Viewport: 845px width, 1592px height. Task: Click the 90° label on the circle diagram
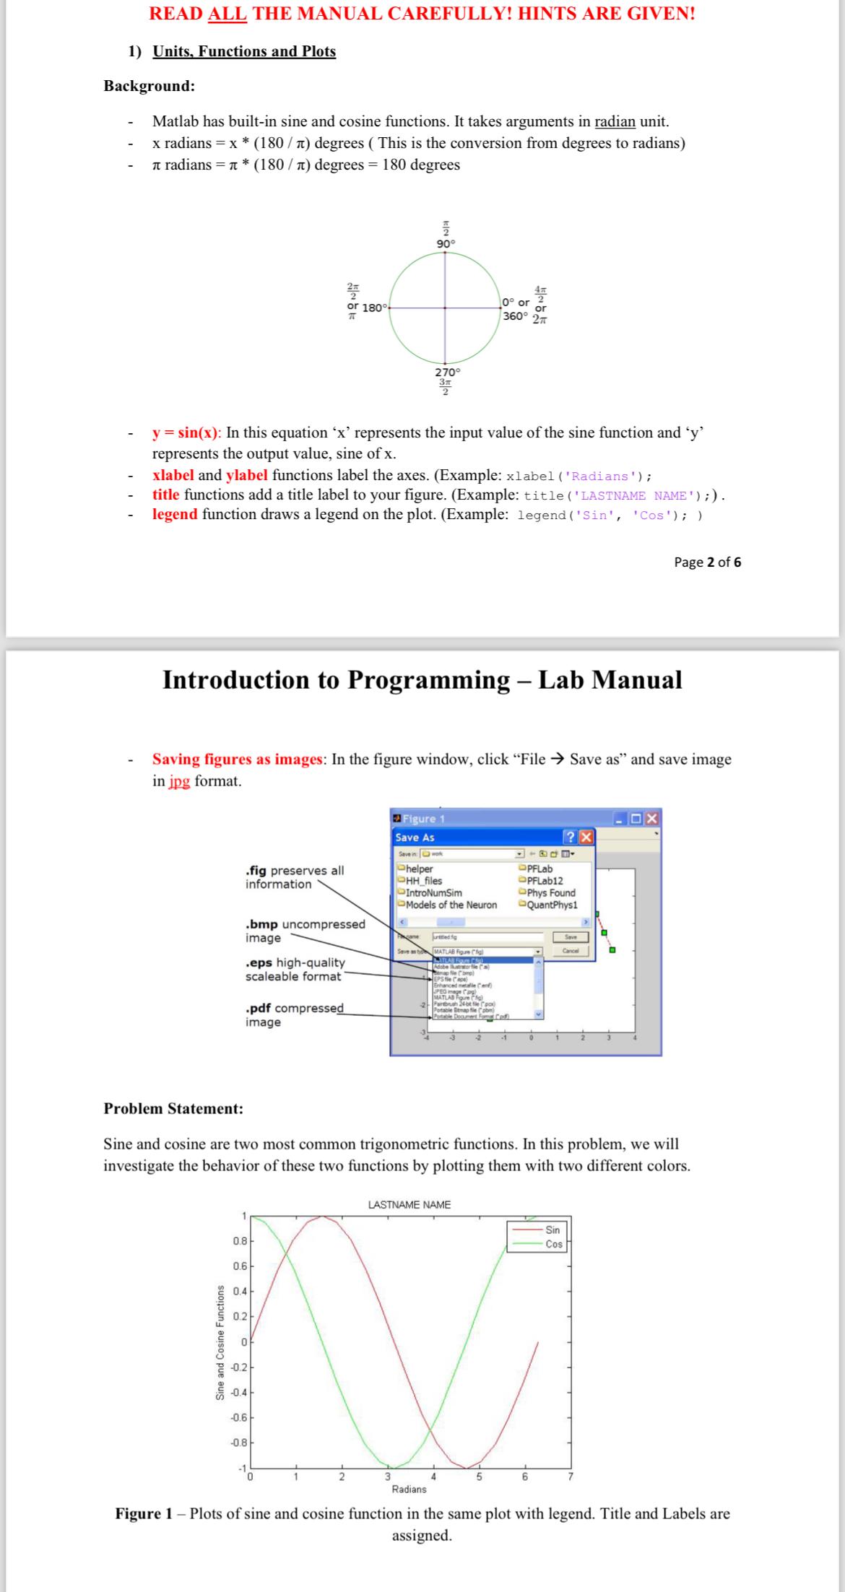point(446,244)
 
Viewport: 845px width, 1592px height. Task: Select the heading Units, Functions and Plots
point(244,51)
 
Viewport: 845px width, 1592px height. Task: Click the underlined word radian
point(615,121)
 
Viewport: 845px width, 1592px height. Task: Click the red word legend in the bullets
point(175,514)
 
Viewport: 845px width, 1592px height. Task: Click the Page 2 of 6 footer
point(707,562)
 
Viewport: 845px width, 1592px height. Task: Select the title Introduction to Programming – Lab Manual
point(422,680)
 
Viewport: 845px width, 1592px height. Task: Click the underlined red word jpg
point(180,781)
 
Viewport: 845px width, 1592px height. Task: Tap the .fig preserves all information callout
point(295,877)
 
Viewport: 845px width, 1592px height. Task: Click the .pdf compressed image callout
point(295,1014)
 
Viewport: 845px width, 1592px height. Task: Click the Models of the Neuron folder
point(451,905)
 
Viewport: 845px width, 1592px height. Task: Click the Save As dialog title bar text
point(415,838)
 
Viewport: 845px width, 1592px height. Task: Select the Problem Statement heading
point(174,1108)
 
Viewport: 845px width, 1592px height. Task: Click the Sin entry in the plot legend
point(552,1230)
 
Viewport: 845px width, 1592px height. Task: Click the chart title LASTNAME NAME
point(409,1204)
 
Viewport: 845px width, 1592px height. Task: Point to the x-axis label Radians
point(409,1489)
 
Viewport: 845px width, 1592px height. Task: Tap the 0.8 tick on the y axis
point(239,1240)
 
